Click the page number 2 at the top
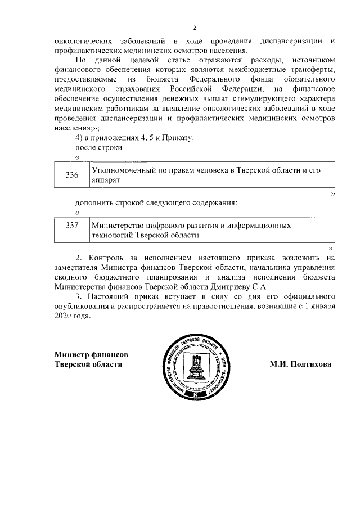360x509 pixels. point(195,28)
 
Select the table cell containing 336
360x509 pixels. point(71,175)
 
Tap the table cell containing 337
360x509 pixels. point(71,229)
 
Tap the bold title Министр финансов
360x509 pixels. point(91,354)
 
